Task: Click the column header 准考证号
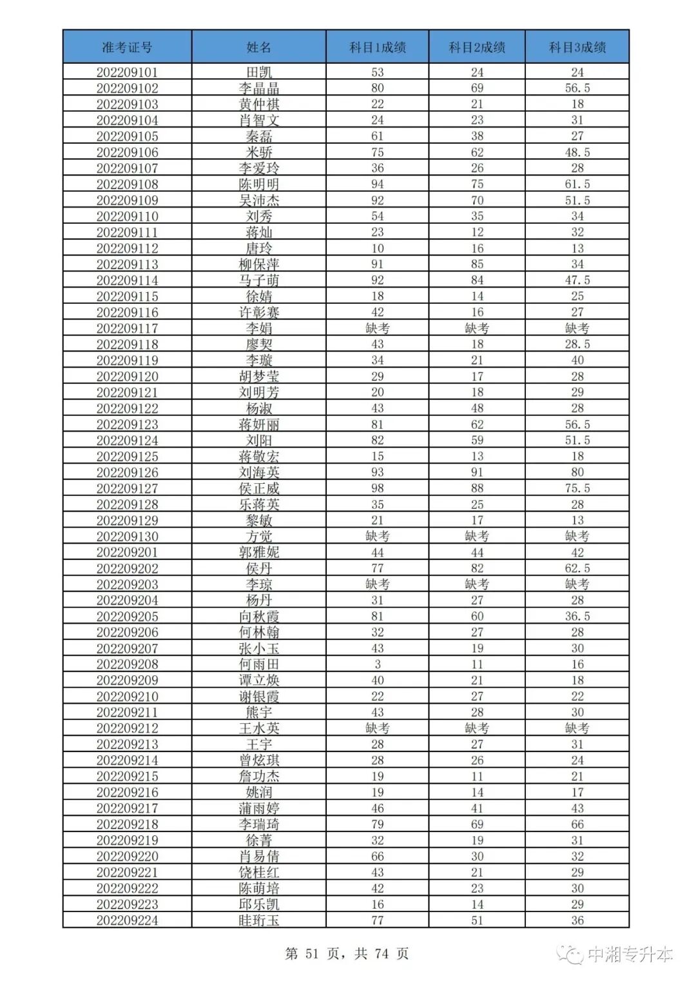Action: pyautogui.click(x=127, y=47)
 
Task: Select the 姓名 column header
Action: pyautogui.click(x=258, y=47)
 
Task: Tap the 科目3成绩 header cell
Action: pyautogui.click(x=577, y=47)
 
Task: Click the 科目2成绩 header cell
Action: pyautogui.click(x=477, y=47)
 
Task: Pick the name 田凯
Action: pyautogui.click(x=258, y=72)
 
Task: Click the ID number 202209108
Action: pyautogui.click(x=127, y=184)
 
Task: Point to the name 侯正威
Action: pyautogui.click(x=258, y=488)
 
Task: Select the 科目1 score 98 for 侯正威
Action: pyautogui.click(x=378, y=488)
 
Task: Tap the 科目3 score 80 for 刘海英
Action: pyautogui.click(x=577, y=472)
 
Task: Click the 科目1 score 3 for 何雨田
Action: pyautogui.click(x=378, y=664)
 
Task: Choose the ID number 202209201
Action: pyautogui.click(x=127, y=552)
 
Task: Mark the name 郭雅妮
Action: pyautogui.click(x=258, y=552)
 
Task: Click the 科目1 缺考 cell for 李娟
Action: pyautogui.click(x=378, y=328)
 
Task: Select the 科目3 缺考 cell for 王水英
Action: pyautogui.click(x=577, y=728)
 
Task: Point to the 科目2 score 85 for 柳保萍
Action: pyautogui.click(x=477, y=264)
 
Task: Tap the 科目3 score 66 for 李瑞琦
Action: pyautogui.click(x=577, y=824)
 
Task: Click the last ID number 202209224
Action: pyautogui.click(x=127, y=920)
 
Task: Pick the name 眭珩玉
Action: pyautogui.click(x=258, y=920)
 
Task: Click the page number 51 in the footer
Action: pyautogui.click(x=312, y=953)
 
